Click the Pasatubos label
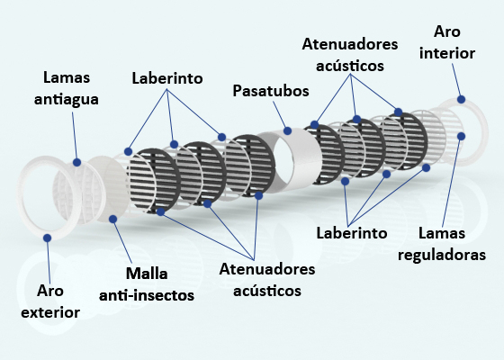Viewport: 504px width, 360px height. [x=271, y=91]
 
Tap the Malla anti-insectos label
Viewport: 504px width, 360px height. [x=147, y=284]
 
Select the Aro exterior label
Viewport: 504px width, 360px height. [x=50, y=301]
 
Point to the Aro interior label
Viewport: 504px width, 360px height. [x=447, y=42]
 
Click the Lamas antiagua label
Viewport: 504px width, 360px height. [x=67, y=88]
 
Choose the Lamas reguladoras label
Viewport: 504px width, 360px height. [x=442, y=244]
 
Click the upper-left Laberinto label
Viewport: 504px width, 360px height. [x=167, y=78]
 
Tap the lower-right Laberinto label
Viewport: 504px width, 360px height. [x=352, y=233]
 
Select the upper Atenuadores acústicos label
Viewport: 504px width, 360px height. [x=350, y=55]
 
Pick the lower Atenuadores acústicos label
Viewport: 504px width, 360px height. [x=267, y=280]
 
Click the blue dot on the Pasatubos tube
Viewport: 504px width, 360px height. [x=287, y=130]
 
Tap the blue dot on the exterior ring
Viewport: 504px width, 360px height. [x=47, y=238]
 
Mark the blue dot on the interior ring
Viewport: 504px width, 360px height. [x=461, y=99]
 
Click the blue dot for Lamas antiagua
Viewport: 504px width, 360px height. [x=76, y=162]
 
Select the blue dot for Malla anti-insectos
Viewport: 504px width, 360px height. [x=112, y=219]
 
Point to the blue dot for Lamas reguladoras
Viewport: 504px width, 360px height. [x=461, y=136]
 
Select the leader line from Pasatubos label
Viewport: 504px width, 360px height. [x=279, y=115]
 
